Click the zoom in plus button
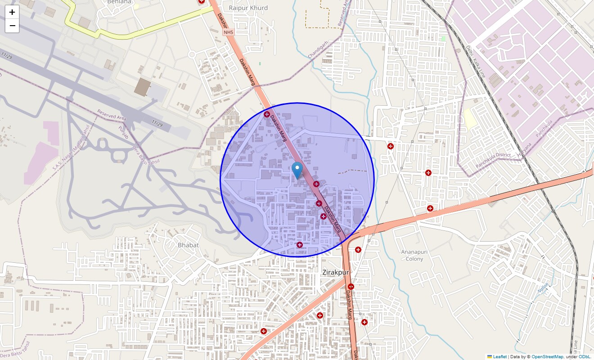point(12,12)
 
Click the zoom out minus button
point(12,26)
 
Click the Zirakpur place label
point(336,272)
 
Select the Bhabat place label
point(188,245)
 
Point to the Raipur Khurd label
point(248,8)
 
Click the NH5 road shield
point(229,32)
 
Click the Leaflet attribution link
point(500,357)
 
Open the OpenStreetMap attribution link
point(547,357)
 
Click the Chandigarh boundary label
point(319,49)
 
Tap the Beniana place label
point(120,2)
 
